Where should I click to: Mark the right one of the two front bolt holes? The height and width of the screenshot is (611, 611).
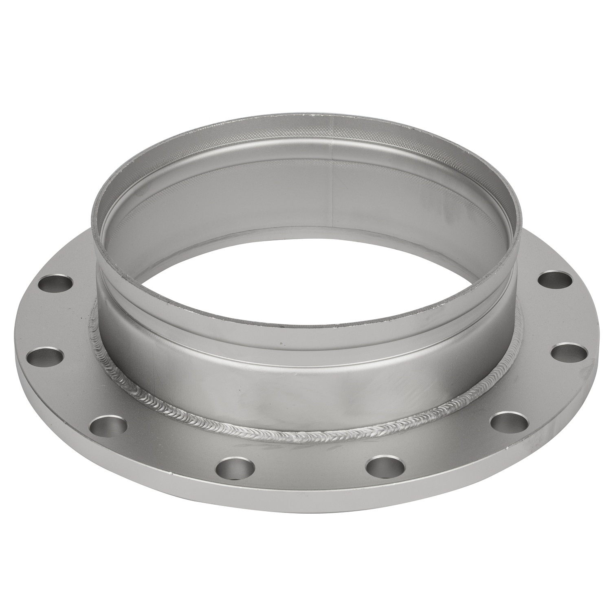[385, 466]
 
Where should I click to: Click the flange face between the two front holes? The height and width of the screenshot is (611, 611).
[310, 473]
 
